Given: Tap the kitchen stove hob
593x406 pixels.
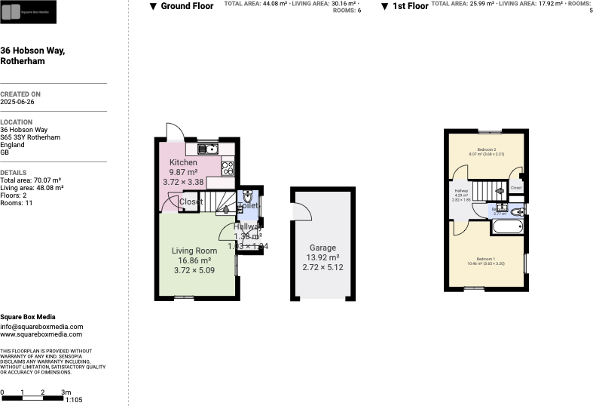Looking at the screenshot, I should pos(228,167).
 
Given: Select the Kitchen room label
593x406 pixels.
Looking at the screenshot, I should pos(183,163).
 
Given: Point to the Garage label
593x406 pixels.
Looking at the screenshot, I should pos(322,248).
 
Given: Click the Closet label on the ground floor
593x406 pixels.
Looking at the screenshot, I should pos(191,201).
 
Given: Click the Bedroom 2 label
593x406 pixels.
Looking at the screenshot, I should pos(486,149).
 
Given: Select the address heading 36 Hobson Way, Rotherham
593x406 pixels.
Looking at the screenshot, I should pos(32,55).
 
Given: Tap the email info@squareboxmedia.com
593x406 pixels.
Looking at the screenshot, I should pos(41,327).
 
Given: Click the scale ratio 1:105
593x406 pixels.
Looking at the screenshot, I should pos(74,399).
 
